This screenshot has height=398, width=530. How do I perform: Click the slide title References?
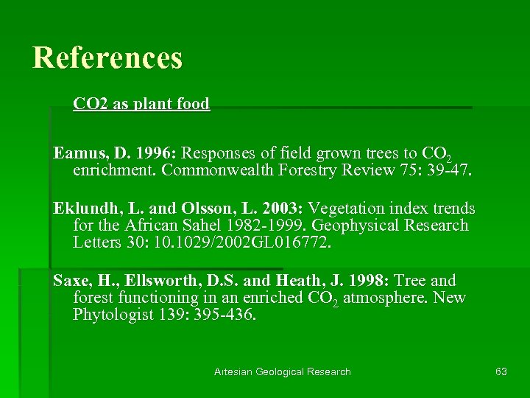[107, 57]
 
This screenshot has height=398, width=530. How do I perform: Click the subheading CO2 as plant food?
[141, 104]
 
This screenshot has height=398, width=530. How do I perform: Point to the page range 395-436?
[219, 315]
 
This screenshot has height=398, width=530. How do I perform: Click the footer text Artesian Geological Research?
[283, 371]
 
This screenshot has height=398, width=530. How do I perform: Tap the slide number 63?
[501, 371]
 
